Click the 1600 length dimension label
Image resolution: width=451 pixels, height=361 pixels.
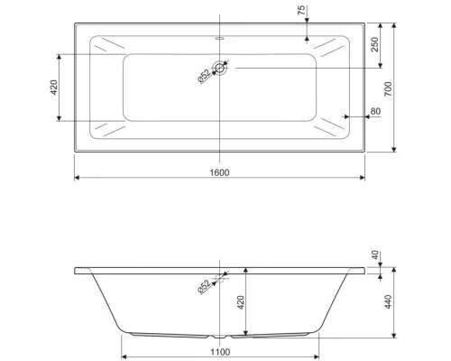(219, 171)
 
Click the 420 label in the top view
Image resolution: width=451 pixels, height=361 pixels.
(53, 88)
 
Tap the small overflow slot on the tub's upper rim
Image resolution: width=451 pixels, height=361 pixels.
(219, 38)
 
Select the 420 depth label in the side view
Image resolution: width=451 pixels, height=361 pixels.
(240, 301)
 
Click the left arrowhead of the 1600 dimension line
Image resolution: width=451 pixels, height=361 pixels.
(77, 178)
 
